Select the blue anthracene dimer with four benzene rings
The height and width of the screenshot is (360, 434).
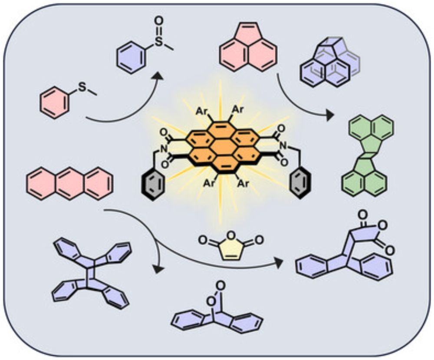point(90,274)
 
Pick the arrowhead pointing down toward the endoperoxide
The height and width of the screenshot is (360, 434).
point(159,270)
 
